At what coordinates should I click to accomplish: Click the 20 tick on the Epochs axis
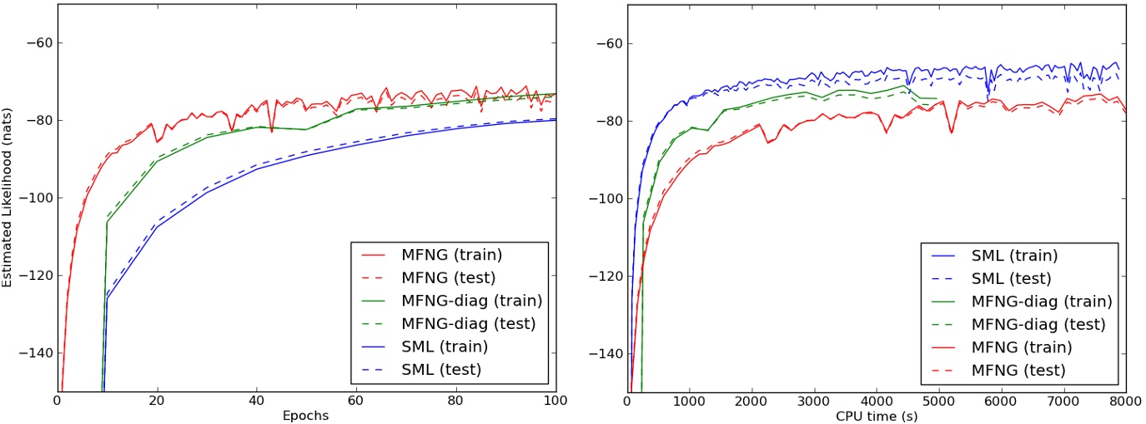point(156,401)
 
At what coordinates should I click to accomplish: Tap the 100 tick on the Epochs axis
point(555,401)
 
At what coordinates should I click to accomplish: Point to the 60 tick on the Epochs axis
point(356,401)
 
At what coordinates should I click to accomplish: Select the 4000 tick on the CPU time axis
point(877,401)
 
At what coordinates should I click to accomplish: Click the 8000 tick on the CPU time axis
point(1125,401)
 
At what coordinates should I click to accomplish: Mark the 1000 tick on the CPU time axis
point(690,401)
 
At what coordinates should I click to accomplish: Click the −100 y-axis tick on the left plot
point(35,198)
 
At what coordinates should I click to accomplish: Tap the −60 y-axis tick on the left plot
point(38,43)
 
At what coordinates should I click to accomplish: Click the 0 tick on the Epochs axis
point(57,401)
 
